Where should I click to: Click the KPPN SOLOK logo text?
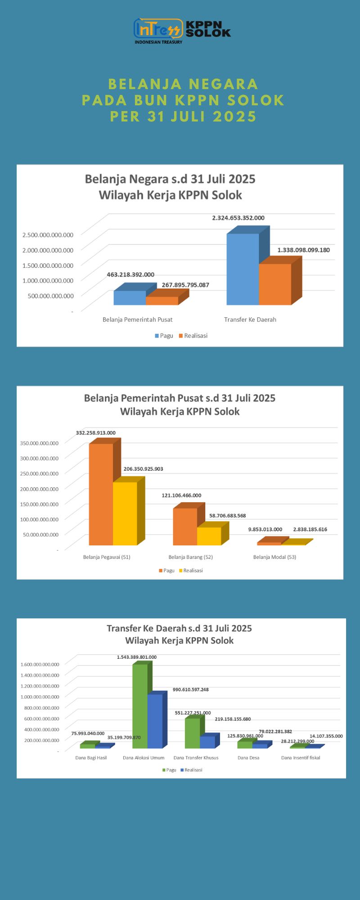[208, 29]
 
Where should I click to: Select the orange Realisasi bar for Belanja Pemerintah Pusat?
[162, 301]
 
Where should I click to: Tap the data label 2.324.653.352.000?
[238, 218]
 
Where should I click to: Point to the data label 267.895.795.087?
[185, 285]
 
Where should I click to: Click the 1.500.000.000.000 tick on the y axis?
[48, 265]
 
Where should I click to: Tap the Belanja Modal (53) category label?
[274, 557]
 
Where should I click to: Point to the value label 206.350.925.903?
[143, 469]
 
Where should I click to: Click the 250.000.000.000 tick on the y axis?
[39, 473]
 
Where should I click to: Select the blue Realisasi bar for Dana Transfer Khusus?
[207, 742]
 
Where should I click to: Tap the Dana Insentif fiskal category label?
[301, 758]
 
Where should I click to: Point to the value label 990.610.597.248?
[191, 689]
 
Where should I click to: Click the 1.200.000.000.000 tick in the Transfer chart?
[40, 686]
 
